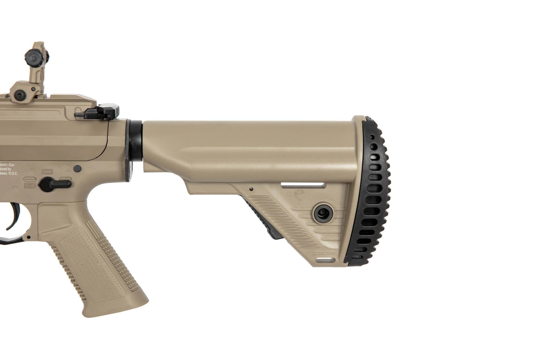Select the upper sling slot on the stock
coord(303,185)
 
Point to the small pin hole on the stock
coord(251,189)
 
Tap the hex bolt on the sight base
coord(20,95)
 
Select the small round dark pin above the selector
coord(78,168)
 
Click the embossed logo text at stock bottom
coord(324,252)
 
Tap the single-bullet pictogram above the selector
coord(47,172)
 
